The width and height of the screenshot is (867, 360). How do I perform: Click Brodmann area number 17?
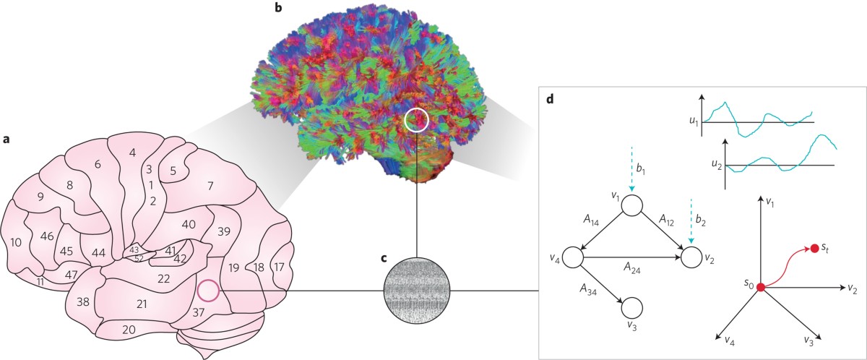[x=278, y=267]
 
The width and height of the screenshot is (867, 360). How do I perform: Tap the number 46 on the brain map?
[x=48, y=236]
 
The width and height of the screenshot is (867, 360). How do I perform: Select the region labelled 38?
[x=83, y=302]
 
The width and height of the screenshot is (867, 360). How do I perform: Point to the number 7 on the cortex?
[x=210, y=186]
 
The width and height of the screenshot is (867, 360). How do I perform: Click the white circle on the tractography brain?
[x=417, y=120]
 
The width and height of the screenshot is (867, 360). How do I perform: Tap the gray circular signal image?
[x=417, y=291]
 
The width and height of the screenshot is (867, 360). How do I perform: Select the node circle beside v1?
[x=631, y=206]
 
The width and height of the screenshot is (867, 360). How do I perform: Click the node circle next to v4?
[x=573, y=256]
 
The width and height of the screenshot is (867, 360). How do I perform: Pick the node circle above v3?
[x=631, y=307]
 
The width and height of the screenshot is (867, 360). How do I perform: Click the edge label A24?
[x=635, y=266]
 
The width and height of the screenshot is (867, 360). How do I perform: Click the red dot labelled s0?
[x=761, y=288]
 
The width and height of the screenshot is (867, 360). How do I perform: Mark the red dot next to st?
[x=815, y=249]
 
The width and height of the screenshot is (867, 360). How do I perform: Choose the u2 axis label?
[x=717, y=166]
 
